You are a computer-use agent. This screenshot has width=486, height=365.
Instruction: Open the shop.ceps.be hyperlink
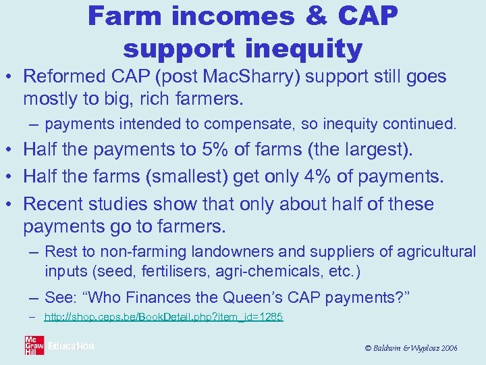pyautogui.click(x=163, y=316)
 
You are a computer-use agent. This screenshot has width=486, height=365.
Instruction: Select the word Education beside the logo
pyautogui.click(x=71, y=346)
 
